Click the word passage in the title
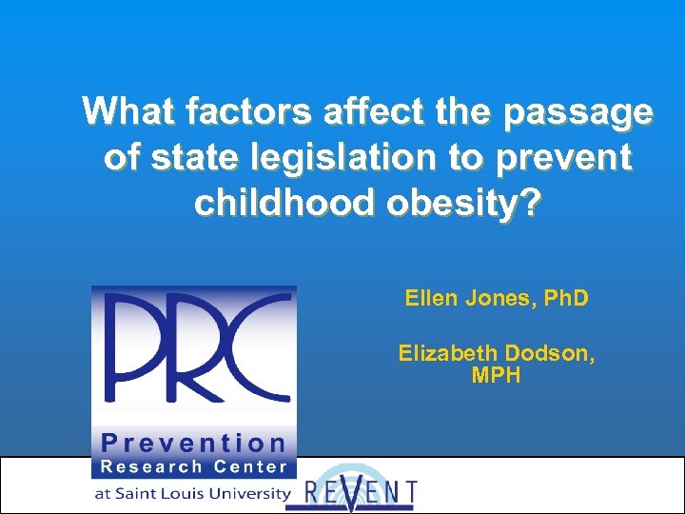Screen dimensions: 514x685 [578, 113]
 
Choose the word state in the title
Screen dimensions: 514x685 [190, 157]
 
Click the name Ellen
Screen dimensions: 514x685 [430, 299]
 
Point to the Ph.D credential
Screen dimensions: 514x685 [561, 299]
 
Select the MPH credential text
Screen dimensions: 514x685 [497, 376]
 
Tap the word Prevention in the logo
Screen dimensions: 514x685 [194, 443]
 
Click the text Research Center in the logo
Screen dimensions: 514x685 [194, 466]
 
